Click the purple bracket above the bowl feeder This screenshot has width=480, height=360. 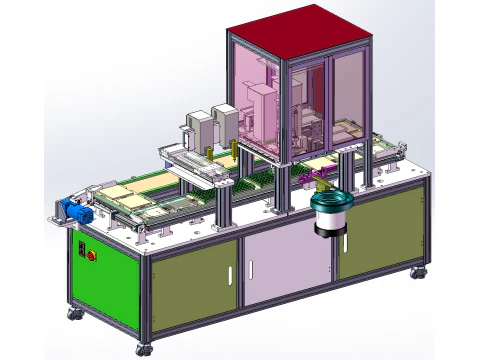320,181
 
